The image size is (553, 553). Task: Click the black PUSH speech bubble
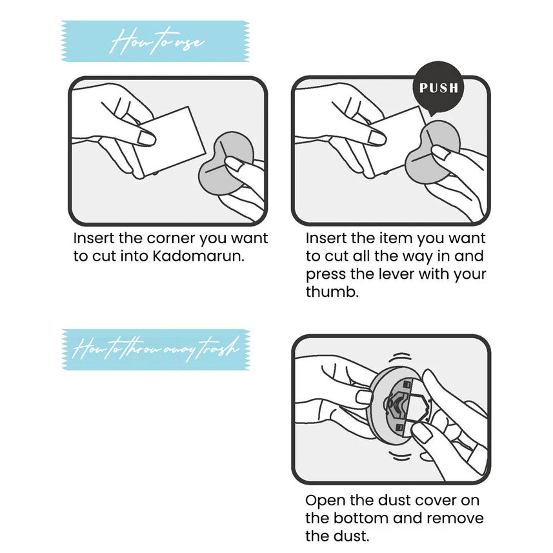438,88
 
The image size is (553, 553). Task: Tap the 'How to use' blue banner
156,41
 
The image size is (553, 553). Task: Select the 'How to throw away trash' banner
156,350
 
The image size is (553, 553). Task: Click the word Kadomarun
198,256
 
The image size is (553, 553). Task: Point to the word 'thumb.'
332,292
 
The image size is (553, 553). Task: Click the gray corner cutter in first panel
226,163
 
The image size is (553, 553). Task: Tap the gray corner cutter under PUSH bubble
432,152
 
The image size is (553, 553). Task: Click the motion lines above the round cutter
399,357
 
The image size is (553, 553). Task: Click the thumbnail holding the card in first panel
146,138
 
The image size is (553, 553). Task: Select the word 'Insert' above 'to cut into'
94,238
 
